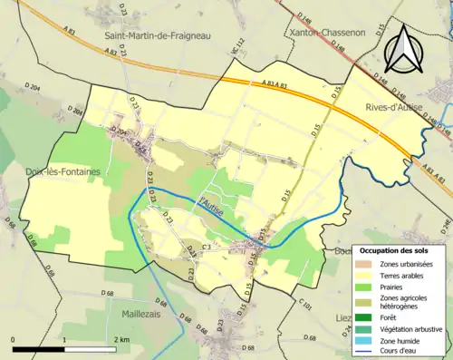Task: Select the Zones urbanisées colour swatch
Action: click(363, 264)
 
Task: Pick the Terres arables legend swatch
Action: click(363, 276)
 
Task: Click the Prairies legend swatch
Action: click(363, 287)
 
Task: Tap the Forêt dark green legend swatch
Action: click(363, 317)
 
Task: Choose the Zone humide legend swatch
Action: click(363, 340)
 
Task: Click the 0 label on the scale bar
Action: click(13, 339)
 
